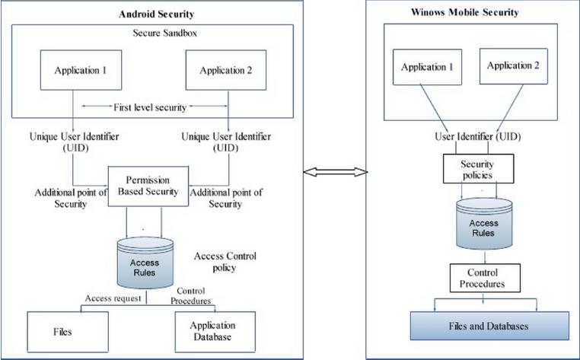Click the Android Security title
156,14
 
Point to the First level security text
151,107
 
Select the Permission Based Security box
147,186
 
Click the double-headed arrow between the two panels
335,173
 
